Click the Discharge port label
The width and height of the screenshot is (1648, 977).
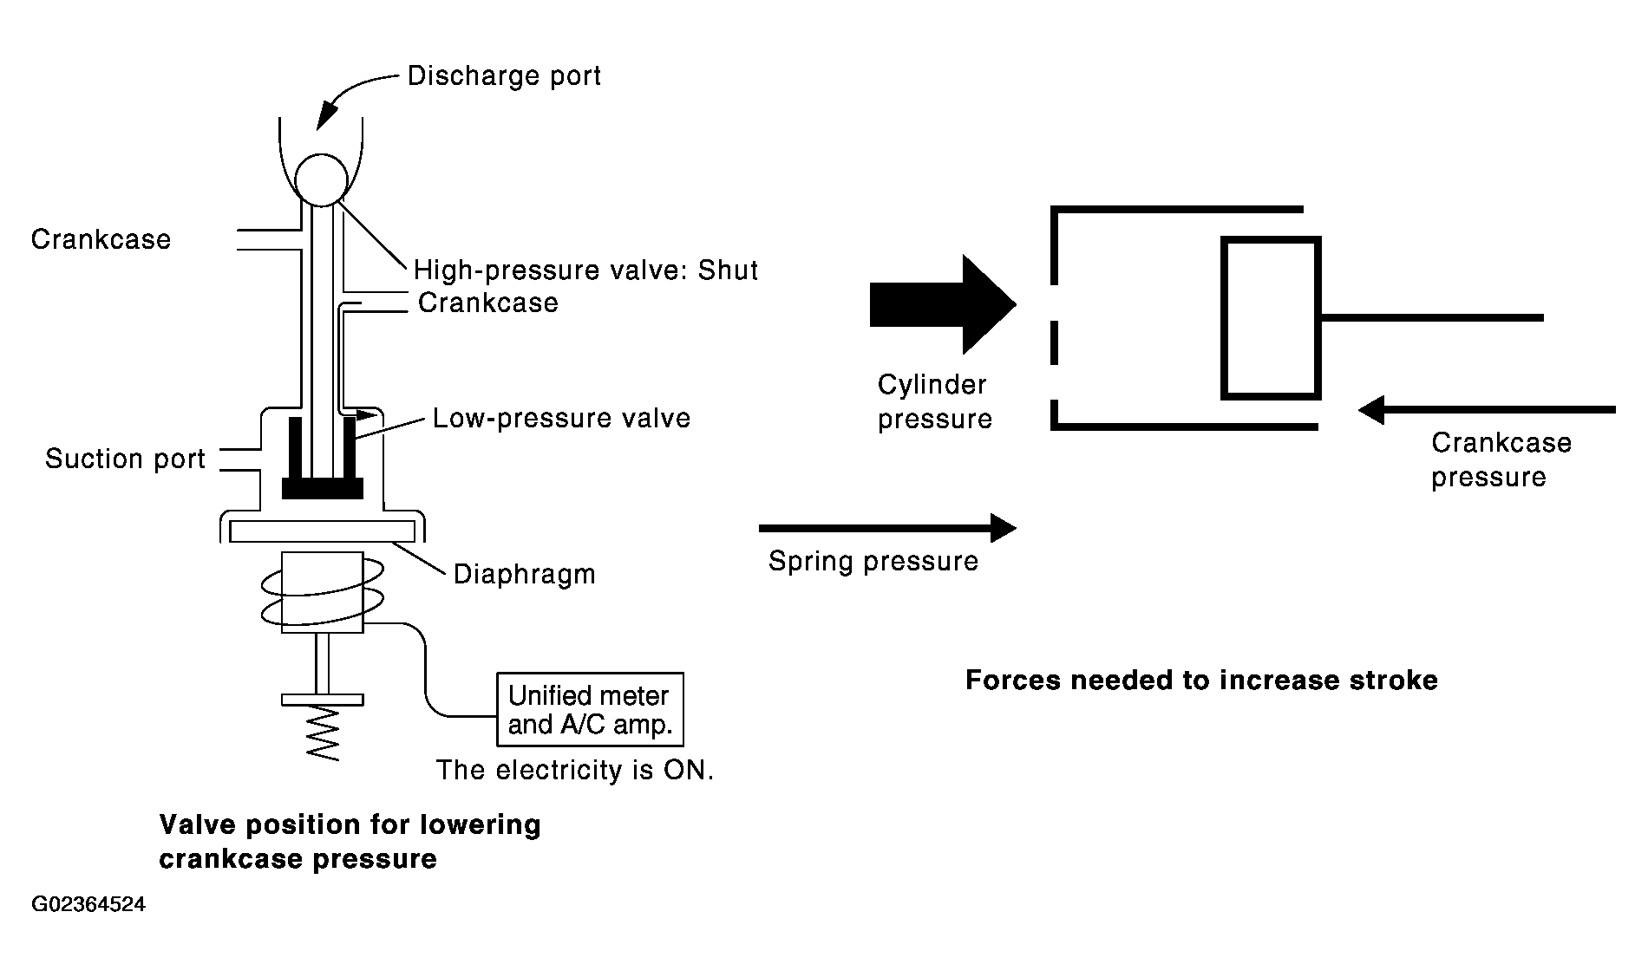tap(504, 76)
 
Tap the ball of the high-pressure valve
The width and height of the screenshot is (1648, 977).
tap(321, 179)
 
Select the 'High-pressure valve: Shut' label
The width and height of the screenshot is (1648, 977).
tap(585, 270)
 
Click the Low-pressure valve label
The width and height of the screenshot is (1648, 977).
tap(561, 419)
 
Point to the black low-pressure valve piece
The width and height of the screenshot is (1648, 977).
tap(323, 487)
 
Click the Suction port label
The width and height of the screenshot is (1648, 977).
tap(125, 459)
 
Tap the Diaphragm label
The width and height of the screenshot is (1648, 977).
tap(525, 575)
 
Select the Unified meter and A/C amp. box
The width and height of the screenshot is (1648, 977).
tap(590, 709)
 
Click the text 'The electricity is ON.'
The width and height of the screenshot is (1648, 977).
tap(575, 770)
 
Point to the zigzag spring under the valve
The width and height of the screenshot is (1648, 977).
tap(323, 733)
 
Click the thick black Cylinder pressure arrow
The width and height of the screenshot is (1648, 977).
tap(943, 304)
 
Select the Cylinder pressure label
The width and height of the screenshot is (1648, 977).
tap(934, 401)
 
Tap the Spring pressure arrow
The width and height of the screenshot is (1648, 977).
tap(887, 527)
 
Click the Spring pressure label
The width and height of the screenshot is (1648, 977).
tap(873, 561)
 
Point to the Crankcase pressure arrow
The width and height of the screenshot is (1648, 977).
tap(1487, 409)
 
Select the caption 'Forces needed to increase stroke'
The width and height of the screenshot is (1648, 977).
tap(1201, 680)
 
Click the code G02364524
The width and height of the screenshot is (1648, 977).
tap(88, 905)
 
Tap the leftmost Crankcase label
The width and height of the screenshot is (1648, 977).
tap(101, 239)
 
